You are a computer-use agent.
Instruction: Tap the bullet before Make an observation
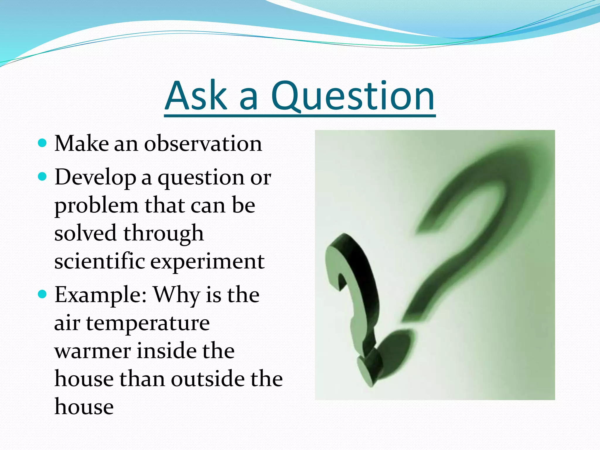click(42, 143)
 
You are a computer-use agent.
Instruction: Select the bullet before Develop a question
click(42, 177)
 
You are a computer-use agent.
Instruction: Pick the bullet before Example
click(42, 294)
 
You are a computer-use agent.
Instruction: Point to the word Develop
click(95, 178)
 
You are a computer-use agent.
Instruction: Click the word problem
click(96, 206)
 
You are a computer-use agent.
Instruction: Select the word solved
click(85, 233)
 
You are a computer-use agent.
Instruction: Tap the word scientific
click(100, 261)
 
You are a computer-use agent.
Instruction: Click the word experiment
click(207, 262)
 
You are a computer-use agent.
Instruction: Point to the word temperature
click(148, 323)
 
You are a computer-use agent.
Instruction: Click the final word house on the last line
click(84, 407)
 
